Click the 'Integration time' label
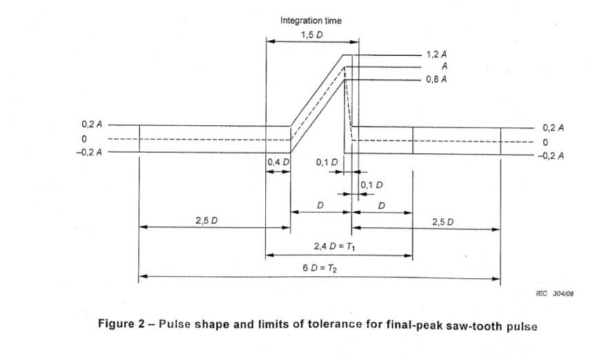pyautogui.click(x=310, y=21)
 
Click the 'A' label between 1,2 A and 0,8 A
pyautogui.click(x=432, y=66)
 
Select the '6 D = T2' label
pyautogui.click(x=322, y=268)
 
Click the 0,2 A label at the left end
pyautogui.click(x=91, y=126)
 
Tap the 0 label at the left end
pyautogui.click(x=85, y=140)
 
